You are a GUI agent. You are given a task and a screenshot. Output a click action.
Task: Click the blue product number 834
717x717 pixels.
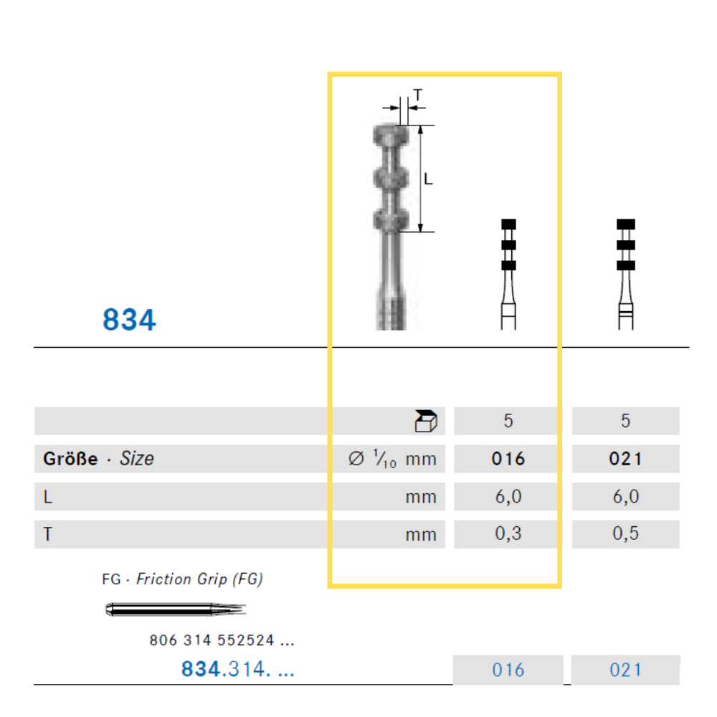pos(129,319)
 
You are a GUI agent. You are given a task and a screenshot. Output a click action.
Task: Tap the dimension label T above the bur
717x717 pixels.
pos(417,95)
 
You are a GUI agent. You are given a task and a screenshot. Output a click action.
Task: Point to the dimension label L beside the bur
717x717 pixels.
pos(428,179)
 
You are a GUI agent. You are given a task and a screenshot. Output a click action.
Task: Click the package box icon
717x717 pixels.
pos(426,421)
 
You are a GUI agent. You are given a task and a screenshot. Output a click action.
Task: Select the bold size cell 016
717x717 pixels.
pos(508,459)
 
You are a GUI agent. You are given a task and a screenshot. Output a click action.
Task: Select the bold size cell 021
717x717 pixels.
pos(625,459)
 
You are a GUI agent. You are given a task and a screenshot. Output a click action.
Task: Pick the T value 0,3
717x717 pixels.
pos(508,533)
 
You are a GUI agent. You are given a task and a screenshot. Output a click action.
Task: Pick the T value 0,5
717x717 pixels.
pos(625,533)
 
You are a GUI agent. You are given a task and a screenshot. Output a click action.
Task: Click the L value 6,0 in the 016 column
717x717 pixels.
pos(508,496)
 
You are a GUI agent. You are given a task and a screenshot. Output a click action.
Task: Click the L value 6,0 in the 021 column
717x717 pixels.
pos(625,496)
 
